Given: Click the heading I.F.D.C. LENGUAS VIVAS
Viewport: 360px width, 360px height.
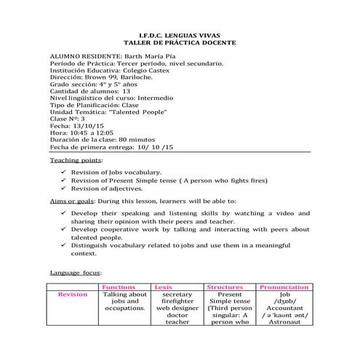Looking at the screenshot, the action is tap(180, 35).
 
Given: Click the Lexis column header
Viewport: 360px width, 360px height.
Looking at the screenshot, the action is tap(164, 287).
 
